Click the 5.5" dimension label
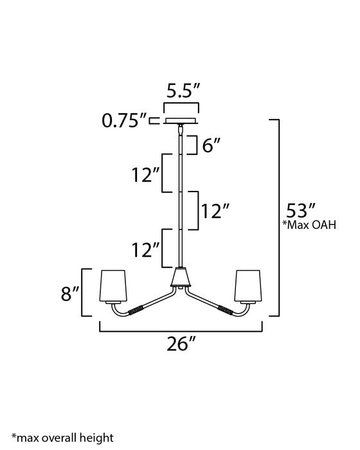[183, 91]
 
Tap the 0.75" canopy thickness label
[124, 120]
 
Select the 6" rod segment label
[212, 145]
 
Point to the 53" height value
[301, 210]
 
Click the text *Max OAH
[309, 225]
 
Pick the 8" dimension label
[70, 293]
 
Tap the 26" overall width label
[181, 343]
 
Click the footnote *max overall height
[62, 438]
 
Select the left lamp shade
[113, 286]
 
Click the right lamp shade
[248, 286]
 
